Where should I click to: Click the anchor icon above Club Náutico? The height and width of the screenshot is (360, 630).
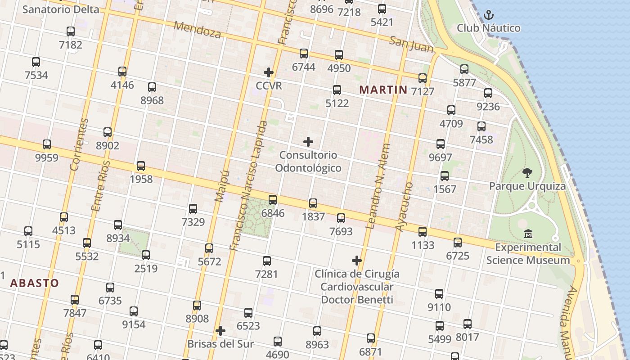(x=488, y=15)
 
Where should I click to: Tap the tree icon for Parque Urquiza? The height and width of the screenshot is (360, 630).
(x=527, y=173)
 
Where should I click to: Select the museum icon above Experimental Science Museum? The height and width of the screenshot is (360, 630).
(x=528, y=234)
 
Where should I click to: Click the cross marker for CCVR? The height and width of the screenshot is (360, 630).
(x=269, y=72)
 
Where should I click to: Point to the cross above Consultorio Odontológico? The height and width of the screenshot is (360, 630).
(x=308, y=142)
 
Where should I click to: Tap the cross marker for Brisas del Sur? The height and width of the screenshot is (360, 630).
(x=220, y=331)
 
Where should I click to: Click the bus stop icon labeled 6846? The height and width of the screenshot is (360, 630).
(x=273, y=200)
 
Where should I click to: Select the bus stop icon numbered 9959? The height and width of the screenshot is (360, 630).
(x=47, y=144)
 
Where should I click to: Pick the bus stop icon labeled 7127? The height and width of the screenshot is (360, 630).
(x=423, y=78)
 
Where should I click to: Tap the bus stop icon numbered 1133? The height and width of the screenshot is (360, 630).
(x=423, y=232)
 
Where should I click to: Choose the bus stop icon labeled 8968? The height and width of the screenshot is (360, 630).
(x=152, y=87)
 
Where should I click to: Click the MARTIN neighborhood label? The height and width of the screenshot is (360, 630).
(x=383, y=90)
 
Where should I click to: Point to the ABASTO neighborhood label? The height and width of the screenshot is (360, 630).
(x=34, y=283)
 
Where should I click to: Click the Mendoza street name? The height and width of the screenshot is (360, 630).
(x=197, y=30)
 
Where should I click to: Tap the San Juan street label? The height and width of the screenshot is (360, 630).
(x=411, y=44)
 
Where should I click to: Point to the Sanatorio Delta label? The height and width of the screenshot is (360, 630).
(x=61, y=9)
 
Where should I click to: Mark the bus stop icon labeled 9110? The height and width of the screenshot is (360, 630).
(x=439, y=294)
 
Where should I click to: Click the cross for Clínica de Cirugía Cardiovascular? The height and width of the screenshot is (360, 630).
(x=357, y=261)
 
